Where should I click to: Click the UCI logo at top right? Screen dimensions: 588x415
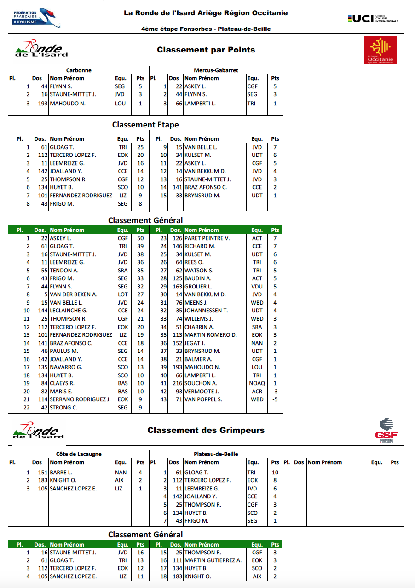[373, 18]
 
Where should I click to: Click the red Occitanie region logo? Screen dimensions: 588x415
[380, 50]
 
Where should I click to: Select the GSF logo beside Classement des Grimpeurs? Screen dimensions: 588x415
[386, 431]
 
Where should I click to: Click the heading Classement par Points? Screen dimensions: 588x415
[206, 50]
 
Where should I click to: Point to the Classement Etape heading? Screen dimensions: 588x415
[145, 125]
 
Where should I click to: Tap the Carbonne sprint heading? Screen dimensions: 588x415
[79, 70]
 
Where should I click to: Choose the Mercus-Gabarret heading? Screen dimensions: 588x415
[216, 70]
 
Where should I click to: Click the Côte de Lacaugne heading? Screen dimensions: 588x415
[79, 454]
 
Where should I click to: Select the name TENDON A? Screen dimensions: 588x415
[64, 271]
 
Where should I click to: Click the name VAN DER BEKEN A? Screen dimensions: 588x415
[73, 294]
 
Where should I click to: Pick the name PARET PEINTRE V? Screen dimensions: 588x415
[207, 238]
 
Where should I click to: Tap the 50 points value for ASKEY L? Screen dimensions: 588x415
[140, 238]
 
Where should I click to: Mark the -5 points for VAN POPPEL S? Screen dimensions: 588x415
[275, 399]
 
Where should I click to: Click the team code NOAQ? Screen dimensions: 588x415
[257, 383]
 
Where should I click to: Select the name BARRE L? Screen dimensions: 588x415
[61, 473]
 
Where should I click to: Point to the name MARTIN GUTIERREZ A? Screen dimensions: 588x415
[213, 560]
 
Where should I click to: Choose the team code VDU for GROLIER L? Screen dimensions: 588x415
[257, 287]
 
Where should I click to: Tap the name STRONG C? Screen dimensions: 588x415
[63, 407]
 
